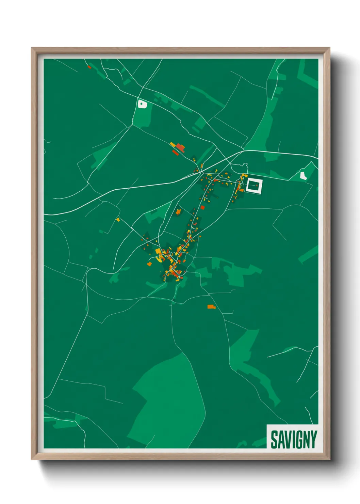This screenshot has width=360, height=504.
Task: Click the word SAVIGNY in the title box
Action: click(x=294, y=439)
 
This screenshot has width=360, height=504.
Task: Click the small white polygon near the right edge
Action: click(x=303, y=176)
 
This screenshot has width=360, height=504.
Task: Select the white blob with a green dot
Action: click(x=142, y=104)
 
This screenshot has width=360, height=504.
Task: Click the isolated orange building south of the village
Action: click(x=211, y=307)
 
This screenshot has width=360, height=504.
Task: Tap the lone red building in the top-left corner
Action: click(x=89, y=67)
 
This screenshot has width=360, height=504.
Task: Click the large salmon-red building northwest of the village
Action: click(x=180, y=147)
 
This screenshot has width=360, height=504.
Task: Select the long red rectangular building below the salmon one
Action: click(x=176, y=153)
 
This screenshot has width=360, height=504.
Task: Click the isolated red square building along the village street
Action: click(x=203, y=207)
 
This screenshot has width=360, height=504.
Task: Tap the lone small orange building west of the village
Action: click(x=118, y=220)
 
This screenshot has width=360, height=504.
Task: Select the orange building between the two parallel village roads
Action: click(x=178, y=212)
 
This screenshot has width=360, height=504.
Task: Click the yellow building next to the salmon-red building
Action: click(x=173, y=145)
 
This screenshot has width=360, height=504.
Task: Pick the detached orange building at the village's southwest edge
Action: click(x=149, y=264)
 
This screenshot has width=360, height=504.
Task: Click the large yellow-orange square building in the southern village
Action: click(x=158, y=252)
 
